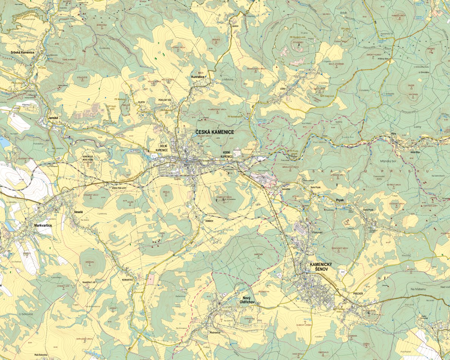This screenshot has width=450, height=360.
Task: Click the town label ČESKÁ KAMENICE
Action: [214, 132]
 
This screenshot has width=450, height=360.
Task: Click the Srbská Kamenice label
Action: [23, 52]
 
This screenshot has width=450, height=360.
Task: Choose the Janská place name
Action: [53, 118]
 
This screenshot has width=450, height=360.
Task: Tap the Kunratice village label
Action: [198, 77]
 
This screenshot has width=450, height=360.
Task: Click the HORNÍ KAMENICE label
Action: [227, 154]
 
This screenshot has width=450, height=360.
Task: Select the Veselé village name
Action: [78, 212]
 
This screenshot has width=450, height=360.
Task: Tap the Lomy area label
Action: [417, 127]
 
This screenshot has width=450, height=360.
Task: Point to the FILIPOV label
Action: [142, 102]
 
